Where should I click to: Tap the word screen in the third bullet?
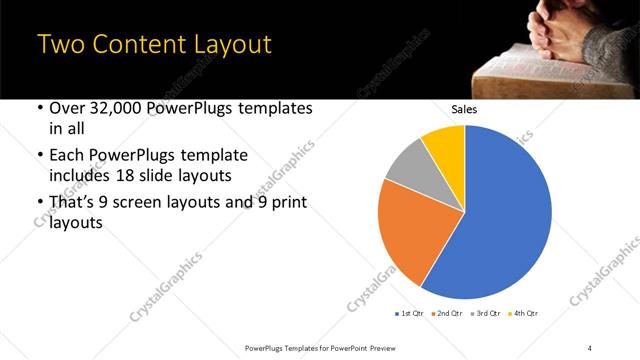[148, 203]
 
